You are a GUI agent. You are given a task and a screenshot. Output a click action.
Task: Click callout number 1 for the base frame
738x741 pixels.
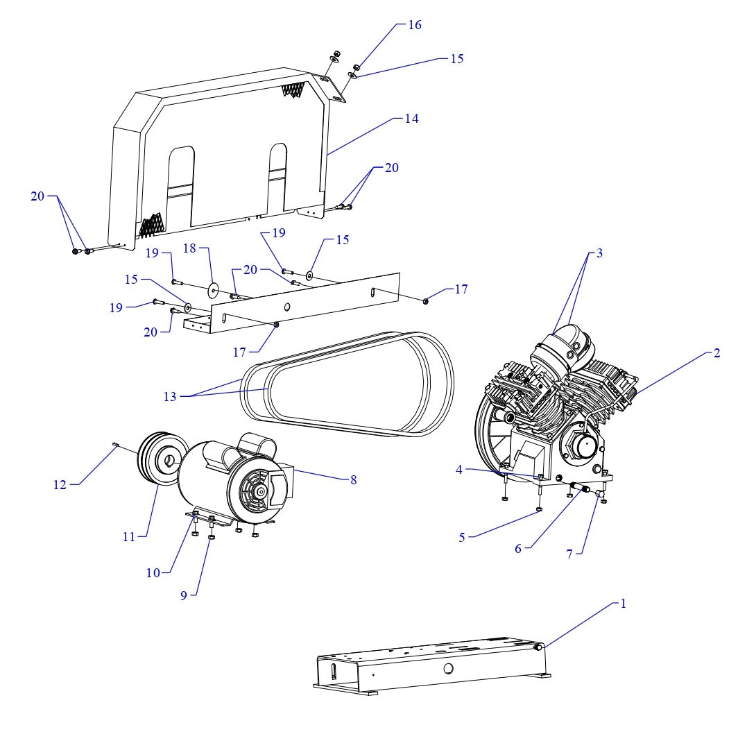pyautogui.click(x=623, y=604)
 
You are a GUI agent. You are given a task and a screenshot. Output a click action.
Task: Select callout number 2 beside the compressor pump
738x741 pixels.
pyautogui.click(x=716, y=353)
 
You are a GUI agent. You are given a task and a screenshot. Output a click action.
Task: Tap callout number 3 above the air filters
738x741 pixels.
pyautogui.click(x=599, y=253)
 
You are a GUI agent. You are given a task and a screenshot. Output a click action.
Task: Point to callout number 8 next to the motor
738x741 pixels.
pyautogui.click(x=353, y=479)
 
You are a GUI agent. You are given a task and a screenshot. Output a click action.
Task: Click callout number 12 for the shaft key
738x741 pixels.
pyautogui.click(x=60, y=485)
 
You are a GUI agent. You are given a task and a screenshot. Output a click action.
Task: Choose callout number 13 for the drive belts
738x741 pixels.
pyautogui.click(x=170, y=397)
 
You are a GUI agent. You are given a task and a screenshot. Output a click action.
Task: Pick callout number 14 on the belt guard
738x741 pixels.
pyautogui.click(x=411, y=119)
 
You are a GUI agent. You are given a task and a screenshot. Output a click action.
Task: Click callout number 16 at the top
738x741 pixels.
pyautogui.click(x=414, y=25)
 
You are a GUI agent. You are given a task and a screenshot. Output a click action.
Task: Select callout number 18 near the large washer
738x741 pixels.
pyautogui.click(x=190, y=248)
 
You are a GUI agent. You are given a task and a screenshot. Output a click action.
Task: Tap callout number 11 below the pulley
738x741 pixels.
pyautogui.click(x=129, y=536)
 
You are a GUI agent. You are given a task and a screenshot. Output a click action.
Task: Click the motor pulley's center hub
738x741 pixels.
pyautogui.click(x=169, y=459)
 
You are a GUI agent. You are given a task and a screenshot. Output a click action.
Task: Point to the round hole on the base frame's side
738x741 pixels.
pyautogui.click(x=448, y=668)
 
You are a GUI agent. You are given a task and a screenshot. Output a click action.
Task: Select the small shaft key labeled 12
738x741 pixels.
pyautogui.click(x=116, y=446)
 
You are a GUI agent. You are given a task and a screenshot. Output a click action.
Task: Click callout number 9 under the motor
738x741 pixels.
pyautogui.click(x=184, y=595)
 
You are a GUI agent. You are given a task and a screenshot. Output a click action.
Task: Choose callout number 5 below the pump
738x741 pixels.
pyautogui.click(x=462, y=538)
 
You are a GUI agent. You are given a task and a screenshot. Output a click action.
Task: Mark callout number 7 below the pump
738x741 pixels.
pyautogui.click(x=569, y=554)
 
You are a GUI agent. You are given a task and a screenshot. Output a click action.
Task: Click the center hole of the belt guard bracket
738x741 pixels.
pyautogui.click(x=287, y=307)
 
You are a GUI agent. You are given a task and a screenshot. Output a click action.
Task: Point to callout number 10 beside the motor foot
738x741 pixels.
pyautogui.click(x=153, y=572)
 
